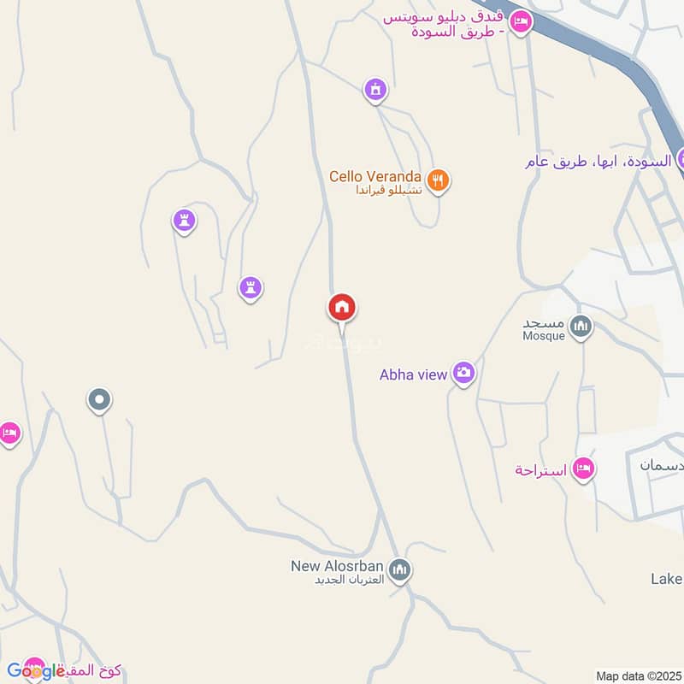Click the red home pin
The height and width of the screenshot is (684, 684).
pyautogui.click(x=342, y=308)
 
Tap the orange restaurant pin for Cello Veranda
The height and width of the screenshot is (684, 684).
pyautogui.click(x=438, y=180)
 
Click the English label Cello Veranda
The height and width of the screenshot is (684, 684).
pyautogui.click(x=377, y=176)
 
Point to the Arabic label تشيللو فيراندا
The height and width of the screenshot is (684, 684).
pyautogui.click(x=390, y=191)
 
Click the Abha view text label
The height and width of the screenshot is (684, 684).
pyautogui.click(x=414, y=374)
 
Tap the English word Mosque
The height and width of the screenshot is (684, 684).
pyautogui.click(x=544, y=336)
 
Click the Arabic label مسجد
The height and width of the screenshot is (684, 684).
pyautogui.click(x=544, y=323)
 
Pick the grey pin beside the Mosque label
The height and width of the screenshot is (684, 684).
pyautogui.click(x=581, y=326)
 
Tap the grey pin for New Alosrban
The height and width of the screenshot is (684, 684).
pyautogui.click(x=399, y=569)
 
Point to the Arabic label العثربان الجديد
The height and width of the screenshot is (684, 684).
pyautogui.click(x=341, y=579)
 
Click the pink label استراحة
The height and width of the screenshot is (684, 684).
pyautogui.click(x=542, y=470)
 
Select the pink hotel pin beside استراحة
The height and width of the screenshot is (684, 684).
pyautogui.click(x=584, y=468)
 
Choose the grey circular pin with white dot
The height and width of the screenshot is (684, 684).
pyautogui.click(x=100, y=399)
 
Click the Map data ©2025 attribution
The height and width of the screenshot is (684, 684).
pyautogui.click(x=638, y=676)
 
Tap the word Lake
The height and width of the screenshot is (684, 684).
pyautogui.click(x=666, y=579)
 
